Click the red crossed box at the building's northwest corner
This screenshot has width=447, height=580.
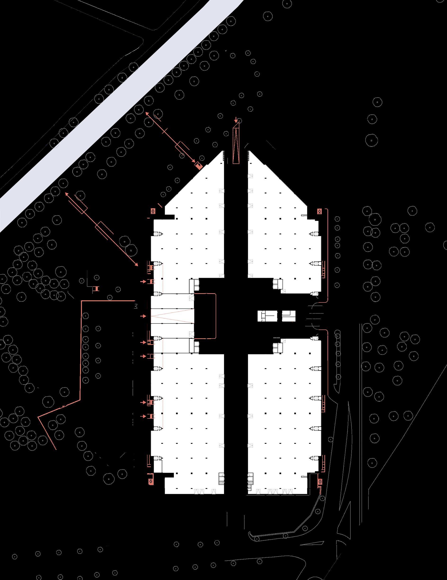click(153, 211)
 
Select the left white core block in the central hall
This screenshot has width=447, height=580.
click(268, 316)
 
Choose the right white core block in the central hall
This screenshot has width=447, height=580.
click(288, 316)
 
